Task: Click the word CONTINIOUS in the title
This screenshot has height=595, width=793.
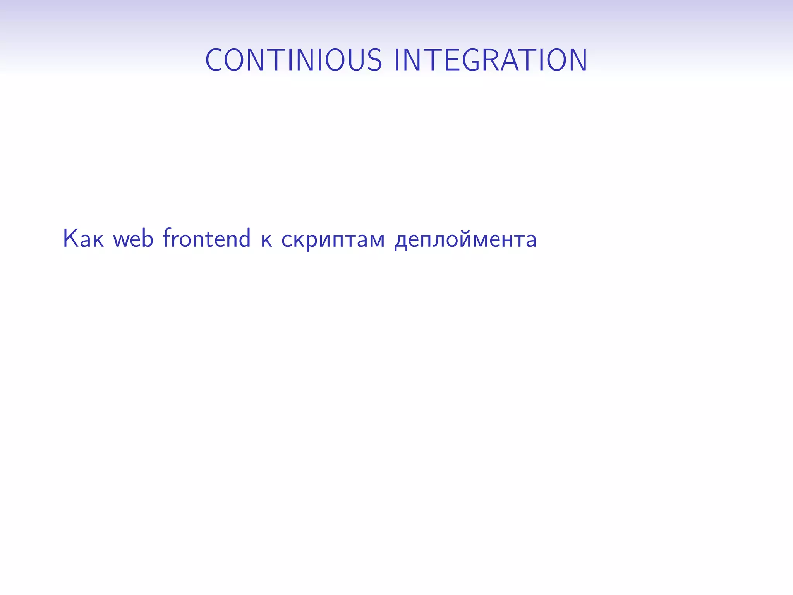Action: pyautogui.click(x=294, y=60)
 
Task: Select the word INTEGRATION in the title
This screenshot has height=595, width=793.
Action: pyautogui.click(x=491, y=60)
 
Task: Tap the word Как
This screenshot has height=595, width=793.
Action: pyautogui.click(x=83, y=238)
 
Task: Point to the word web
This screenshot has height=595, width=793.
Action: pyautogui.click(x=133, y=238)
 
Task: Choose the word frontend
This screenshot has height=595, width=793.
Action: pyautogui.click(x=206, y=238)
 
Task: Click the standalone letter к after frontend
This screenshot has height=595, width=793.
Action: pyautogui.click(x=266, y=240)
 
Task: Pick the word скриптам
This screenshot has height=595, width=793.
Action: pyautogui.click(x=333, y=240)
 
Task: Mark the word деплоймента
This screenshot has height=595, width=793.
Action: pyautogui.click(x=465, y=240)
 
